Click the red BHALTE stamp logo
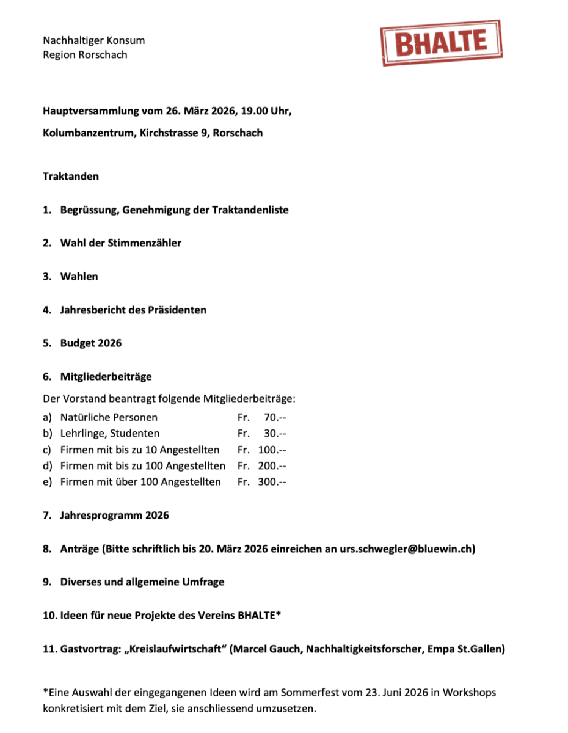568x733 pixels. tap(442, 43)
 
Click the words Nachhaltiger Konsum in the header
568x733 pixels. tap(93, 40)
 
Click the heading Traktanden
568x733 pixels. tap(71, 176)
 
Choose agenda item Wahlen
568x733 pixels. tap(79, 276)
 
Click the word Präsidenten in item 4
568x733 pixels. tap(177, 310)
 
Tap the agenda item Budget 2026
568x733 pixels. tap(90, 343)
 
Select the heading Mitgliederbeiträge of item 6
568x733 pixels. tap(106, 376)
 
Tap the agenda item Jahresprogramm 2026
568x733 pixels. tap(114, 515)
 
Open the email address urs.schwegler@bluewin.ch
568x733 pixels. tap(407, 549)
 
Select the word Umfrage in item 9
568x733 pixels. tap(200, 582)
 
